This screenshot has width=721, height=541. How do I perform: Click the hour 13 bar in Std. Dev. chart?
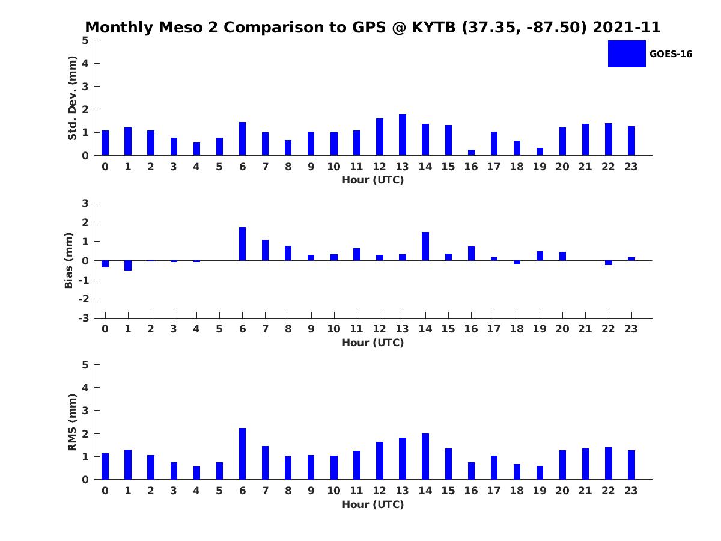pyautogui.click(x=403, y=135)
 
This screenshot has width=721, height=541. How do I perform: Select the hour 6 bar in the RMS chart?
pyautogui.click(x=242, y=454)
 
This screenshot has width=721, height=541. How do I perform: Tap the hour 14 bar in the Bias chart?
pyautogui.click(x=425, y=246)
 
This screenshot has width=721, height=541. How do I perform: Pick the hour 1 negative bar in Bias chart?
pyautogui.click(x=128, y=265)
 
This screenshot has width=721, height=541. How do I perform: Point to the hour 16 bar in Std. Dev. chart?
pyautogui.click(x=471, y=152)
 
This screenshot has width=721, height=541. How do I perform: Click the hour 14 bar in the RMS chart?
pyautogui.click(x=425, y=456)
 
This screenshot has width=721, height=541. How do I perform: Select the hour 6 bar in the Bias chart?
pyautogui.click(x=242, y=244)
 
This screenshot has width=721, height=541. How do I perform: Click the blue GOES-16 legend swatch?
pyautogui.click(x=627, y=53)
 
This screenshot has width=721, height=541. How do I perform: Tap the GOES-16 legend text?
pyautogui.click(x=671, y=54)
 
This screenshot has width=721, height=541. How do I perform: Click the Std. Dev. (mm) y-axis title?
pyautogui.click(x=73, y=98)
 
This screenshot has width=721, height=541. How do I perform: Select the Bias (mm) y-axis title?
pyautogui.click(x=69, y=261)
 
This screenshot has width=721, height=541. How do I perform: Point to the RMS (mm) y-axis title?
pyautogui.click(x=73, y=423)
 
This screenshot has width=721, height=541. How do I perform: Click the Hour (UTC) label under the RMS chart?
pyautogui.click(x=373, y=504)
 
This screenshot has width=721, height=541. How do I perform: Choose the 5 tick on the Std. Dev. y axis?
pyautogui.click(x=86, y=40)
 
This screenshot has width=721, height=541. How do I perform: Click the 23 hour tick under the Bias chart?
pyautogui.click(x=631, y=329)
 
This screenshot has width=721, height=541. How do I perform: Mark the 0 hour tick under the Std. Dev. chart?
pyautogui.click(x=105, y=167)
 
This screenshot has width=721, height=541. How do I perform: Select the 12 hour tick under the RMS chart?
pyautogui.click(x=380, y=491)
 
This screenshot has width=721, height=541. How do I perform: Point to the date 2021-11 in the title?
pyautogui.click(x=627, y=28)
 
